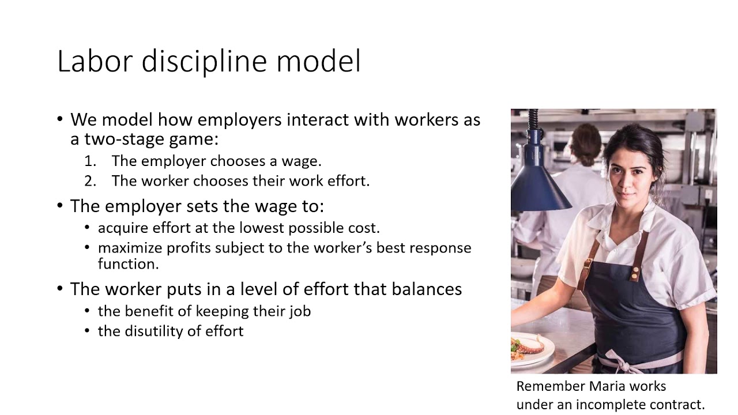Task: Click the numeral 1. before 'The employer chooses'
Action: tap(90, 161)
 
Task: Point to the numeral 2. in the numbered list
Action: tap(90, 181)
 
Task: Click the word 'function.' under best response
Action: tap(128, 264)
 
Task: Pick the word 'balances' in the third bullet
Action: tap(427, 289)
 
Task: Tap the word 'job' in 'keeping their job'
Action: tap(299, 311)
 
